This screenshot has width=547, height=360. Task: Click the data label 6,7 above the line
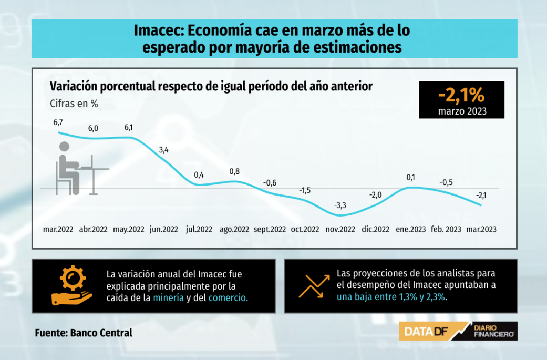click(x=58, y=122)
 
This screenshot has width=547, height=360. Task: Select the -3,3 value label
click(x=340, y=205)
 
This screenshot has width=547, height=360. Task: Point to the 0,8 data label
click(x=235, y=171)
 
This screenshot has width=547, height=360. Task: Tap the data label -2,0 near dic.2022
click(x=376, y=194)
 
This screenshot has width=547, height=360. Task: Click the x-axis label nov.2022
click(x=340, y=229)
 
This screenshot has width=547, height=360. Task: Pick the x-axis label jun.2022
click(x=164, y=229)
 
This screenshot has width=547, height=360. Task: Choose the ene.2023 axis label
click(x=411, y=229)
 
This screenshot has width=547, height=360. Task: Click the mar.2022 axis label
click(x=58, y=229)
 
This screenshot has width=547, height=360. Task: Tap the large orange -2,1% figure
click(x=461, y=96)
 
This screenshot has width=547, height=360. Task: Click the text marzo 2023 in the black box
click(x=462, y=111)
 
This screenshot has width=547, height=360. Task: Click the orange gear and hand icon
click(x=70, y=286)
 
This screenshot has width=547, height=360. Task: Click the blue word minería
click(x=169, y=298)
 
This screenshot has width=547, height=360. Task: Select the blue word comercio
click(x=228, y=298)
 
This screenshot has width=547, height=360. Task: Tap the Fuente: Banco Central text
click(x=84, y=333)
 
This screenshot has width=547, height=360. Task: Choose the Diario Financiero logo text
click(x=493, y=331)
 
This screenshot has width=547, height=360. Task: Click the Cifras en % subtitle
click(x=74, y=104)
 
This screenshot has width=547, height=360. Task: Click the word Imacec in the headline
click(x=155, y=31)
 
